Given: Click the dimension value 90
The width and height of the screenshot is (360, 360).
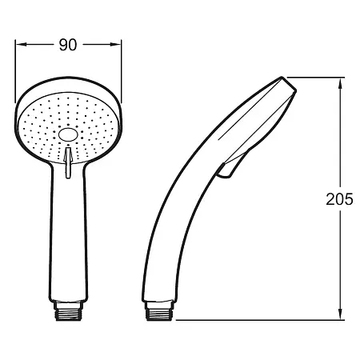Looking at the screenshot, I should pos(67,46).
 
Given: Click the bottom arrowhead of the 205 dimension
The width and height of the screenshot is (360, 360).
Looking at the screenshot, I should pos(342,314).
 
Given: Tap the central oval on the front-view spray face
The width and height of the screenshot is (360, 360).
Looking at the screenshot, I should pos(68,137).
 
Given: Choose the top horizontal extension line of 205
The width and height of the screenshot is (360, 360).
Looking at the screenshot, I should pos(316,77).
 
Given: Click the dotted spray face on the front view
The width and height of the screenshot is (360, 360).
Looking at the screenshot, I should pos(48,120).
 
